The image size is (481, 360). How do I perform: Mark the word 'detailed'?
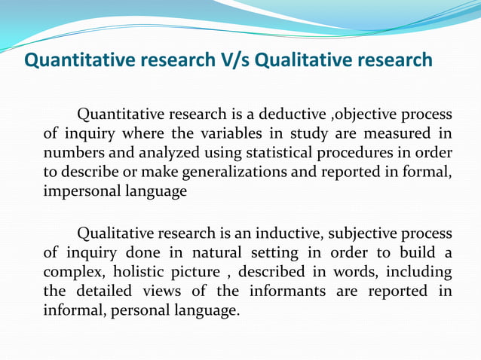pyautogui.click(x=102, y=291)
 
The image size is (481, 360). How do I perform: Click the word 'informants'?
pyautogui.click(x=286, y=291)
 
